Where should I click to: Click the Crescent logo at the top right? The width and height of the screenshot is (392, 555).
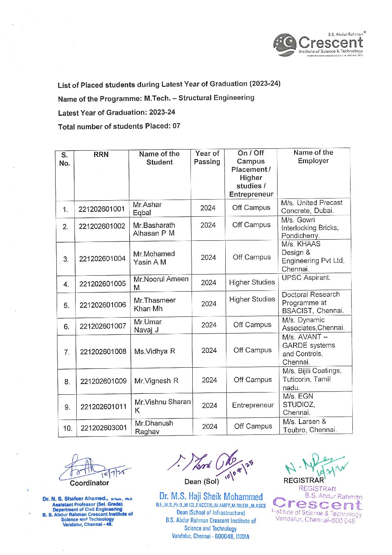[319, 45]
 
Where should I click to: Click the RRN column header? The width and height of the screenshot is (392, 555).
[101, 155]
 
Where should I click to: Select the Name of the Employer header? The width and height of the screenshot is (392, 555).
[313, 157]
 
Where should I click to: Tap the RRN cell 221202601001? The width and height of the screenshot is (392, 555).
[102, 209]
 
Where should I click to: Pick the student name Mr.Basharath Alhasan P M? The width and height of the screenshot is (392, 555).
[154, 229]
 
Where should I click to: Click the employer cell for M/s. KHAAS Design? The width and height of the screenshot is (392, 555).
[312, 256]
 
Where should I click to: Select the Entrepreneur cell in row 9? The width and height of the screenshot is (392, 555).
[253, 405]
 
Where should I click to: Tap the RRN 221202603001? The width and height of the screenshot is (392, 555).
[104, 428]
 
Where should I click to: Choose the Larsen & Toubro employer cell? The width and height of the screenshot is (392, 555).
[310, 426]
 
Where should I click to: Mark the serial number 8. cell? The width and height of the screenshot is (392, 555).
[67, 381]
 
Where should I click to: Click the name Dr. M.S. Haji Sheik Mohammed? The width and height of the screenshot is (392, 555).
[211, 496]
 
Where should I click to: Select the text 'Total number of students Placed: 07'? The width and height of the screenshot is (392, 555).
[119, 127]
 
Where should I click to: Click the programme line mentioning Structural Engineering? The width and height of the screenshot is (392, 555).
[156, 98]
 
